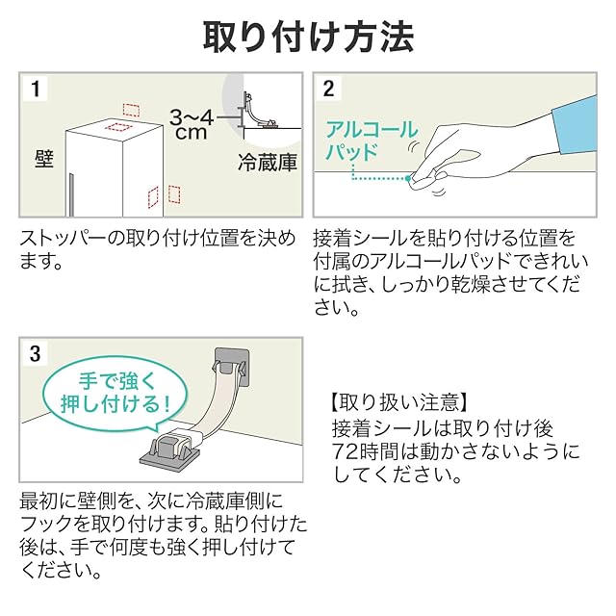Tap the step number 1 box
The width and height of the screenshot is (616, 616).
coord(36,90)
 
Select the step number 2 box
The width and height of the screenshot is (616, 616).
coord(328,90)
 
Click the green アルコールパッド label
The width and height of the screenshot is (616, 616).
coord(372,141)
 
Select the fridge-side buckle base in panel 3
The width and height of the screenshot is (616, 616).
coord(176,447)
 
